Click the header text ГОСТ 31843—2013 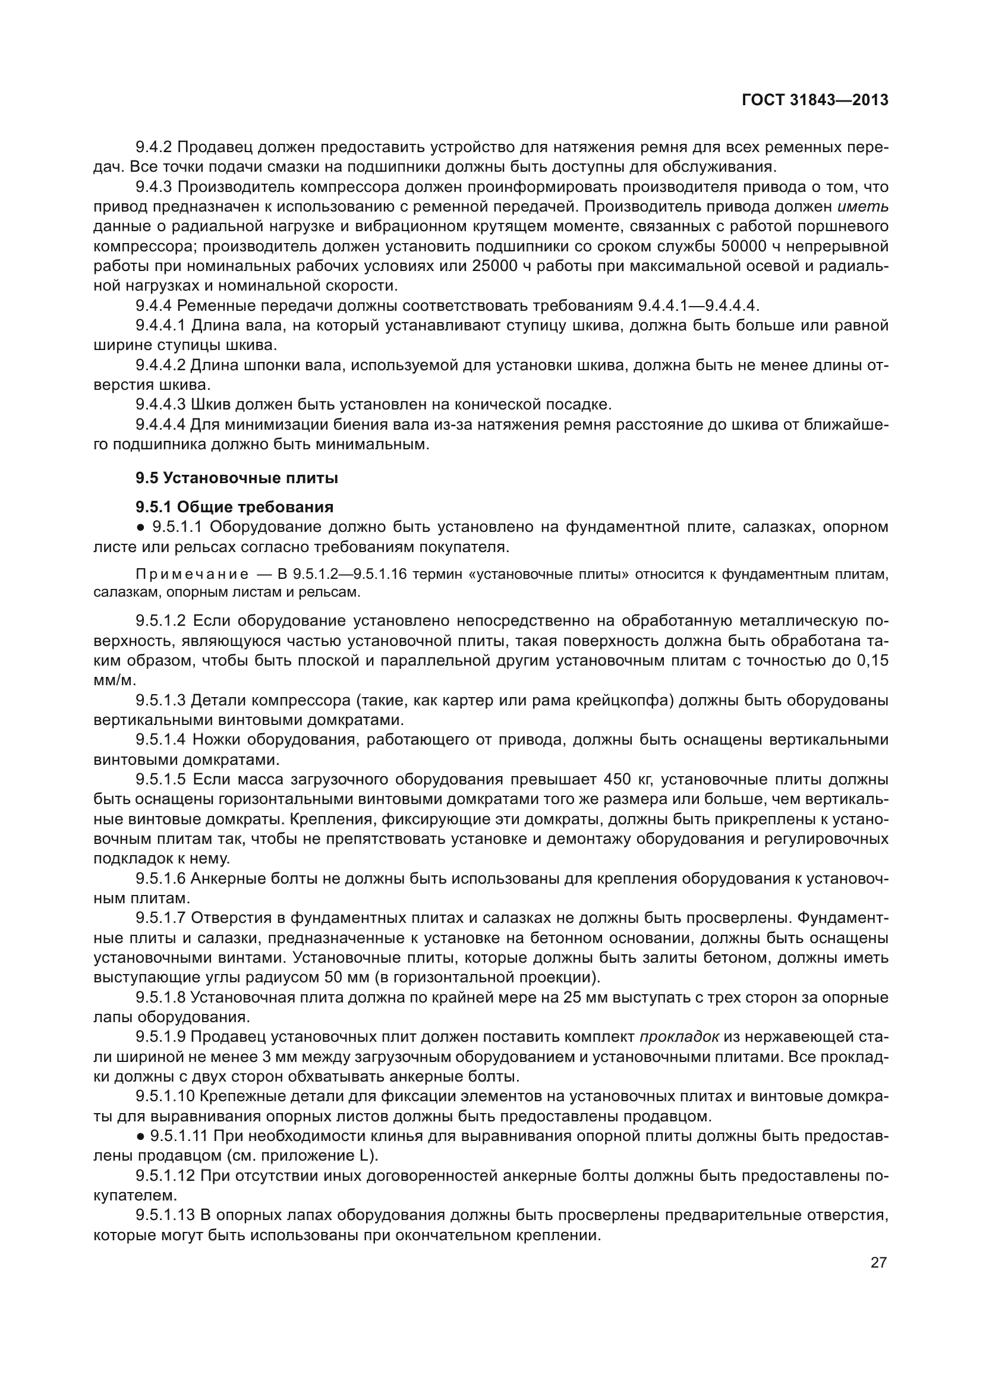[815, 100]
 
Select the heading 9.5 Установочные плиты [237, 478]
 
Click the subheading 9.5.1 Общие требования [234, 508]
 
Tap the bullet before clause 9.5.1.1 [140, 527]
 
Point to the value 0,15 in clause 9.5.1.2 [872, 660]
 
